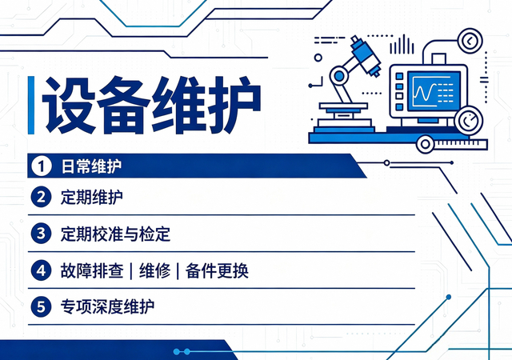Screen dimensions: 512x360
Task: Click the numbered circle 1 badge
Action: (x=41, y=166)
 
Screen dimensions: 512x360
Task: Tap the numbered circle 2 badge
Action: (x=41, y=197)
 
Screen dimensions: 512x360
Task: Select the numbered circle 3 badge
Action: (x=41, y=234)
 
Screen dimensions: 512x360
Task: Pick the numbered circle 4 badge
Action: (x=41, y=270)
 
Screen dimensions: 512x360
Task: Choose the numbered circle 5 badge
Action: (x=41, y=306)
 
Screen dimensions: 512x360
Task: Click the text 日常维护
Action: (x=91, y=166)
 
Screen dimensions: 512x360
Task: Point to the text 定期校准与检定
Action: (x=115, y=234)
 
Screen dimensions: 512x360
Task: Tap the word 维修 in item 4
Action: (x=154, y=270)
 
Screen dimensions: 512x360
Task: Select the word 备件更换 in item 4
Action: (x=217, y=270)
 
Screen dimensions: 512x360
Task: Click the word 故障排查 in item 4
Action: (x=92, y=270)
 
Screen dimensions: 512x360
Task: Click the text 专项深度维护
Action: (x=107, y=306)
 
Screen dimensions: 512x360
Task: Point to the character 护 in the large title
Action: (x=234, y=105)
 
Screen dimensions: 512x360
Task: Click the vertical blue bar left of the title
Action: (x=31, y=105)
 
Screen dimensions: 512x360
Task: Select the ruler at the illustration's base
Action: (x=461, y=144)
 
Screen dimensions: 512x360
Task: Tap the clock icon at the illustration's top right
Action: (x=470, y=41)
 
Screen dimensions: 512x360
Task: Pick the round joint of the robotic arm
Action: (x=339, y=77)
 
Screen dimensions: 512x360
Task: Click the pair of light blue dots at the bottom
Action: (x=182, y=351)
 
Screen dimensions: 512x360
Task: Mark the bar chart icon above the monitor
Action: (x=402, y=45)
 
